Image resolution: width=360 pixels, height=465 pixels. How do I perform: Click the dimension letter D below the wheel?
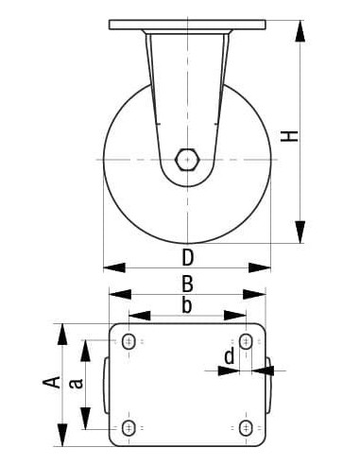187,257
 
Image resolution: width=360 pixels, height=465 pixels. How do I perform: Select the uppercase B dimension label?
187,283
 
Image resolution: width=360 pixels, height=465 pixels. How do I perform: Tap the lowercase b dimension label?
187,305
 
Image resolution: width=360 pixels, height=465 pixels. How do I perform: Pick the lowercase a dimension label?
79,382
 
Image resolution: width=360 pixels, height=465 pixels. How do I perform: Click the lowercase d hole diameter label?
229,356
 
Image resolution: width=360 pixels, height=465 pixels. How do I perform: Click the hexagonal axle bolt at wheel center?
188,159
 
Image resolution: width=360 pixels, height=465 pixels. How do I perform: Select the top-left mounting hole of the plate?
129,341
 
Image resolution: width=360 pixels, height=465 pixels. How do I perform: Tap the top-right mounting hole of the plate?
246,341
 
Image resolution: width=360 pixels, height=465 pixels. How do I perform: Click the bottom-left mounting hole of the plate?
129,429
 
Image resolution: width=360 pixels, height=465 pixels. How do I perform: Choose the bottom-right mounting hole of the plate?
246,429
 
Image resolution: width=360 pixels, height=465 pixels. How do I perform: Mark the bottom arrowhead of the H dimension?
300,232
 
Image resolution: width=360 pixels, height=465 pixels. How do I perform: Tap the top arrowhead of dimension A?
63,334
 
